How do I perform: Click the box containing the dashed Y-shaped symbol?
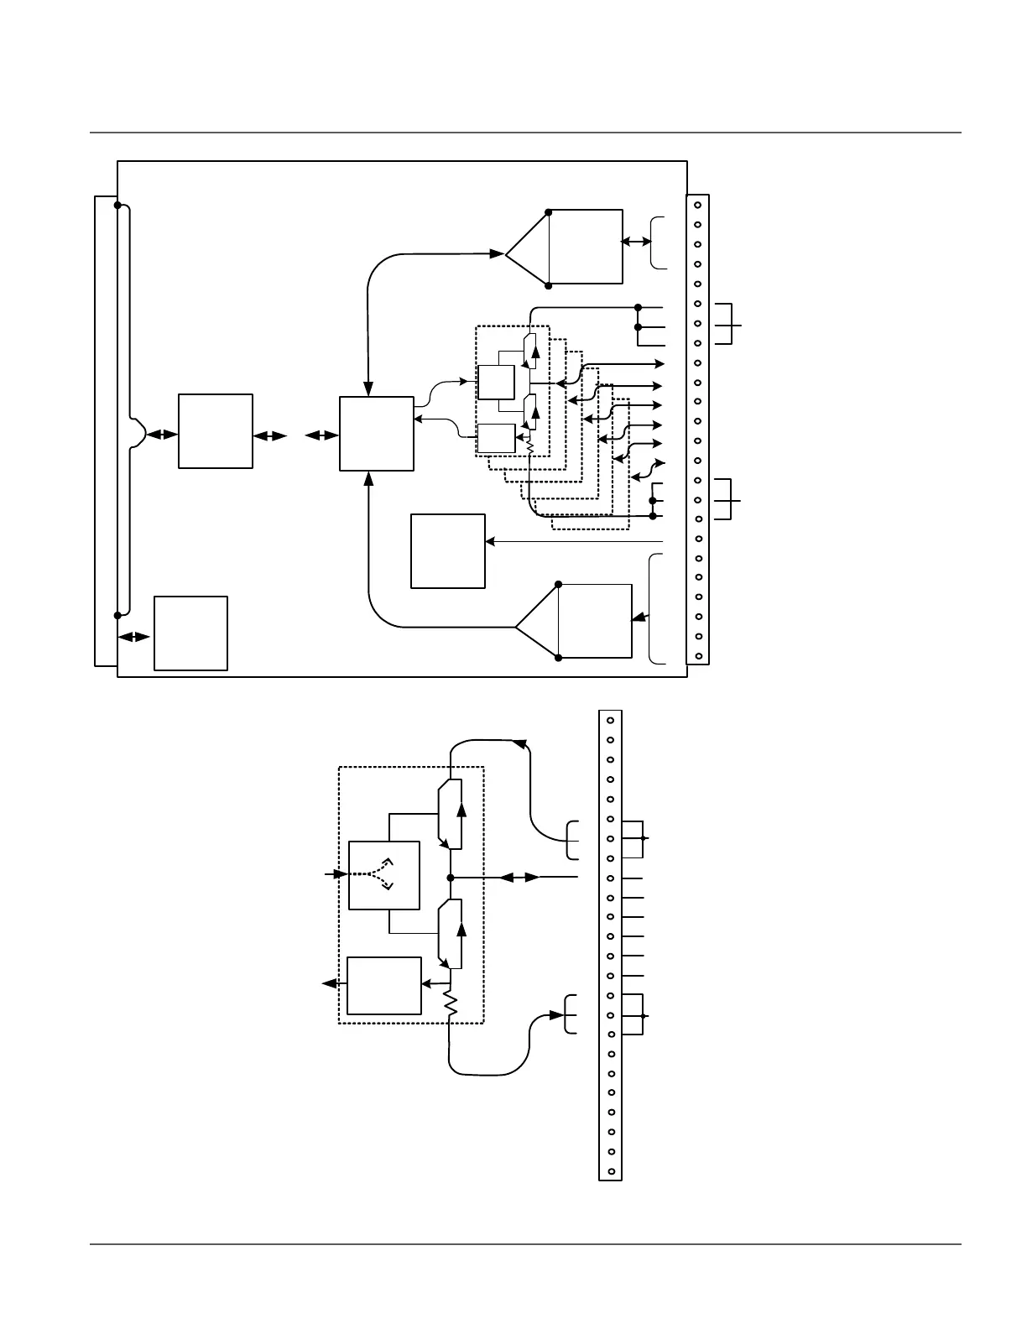[383, 874]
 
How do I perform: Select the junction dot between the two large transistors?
[451, 878]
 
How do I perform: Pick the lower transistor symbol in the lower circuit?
[450, 933]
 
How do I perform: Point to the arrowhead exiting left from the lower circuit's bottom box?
[329, 983]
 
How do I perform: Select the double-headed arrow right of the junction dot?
[520, 878]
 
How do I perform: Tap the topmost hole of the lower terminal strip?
[611, 720]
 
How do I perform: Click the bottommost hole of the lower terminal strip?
[611, 1171]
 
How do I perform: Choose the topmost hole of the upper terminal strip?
[697, 205]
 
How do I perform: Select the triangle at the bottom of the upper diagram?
[538, 621]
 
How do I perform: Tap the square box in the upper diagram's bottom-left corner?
[190, 633]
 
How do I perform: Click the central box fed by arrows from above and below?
[376, 434]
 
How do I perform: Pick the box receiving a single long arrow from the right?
[448, 551]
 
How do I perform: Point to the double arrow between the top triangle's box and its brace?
[636, 242]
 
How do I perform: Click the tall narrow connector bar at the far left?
[106, 430]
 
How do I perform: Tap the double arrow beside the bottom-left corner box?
[134, 637]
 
